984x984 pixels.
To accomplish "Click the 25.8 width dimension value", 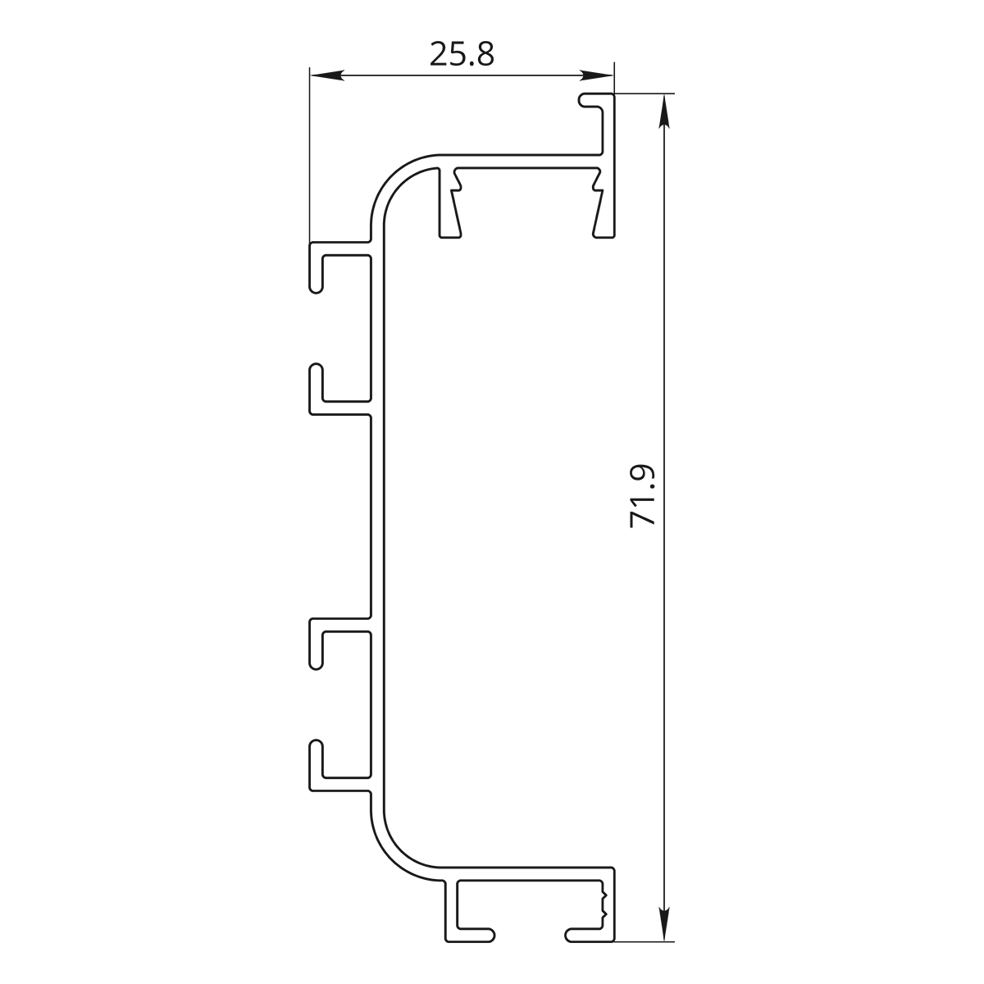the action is click(462, 54).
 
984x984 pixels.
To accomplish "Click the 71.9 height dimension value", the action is click(642, 495).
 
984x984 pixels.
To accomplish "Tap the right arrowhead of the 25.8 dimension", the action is click(597, 75).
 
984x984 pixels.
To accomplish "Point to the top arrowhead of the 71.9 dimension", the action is click(664, 111).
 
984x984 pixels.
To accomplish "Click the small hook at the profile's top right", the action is click(595, 101).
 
